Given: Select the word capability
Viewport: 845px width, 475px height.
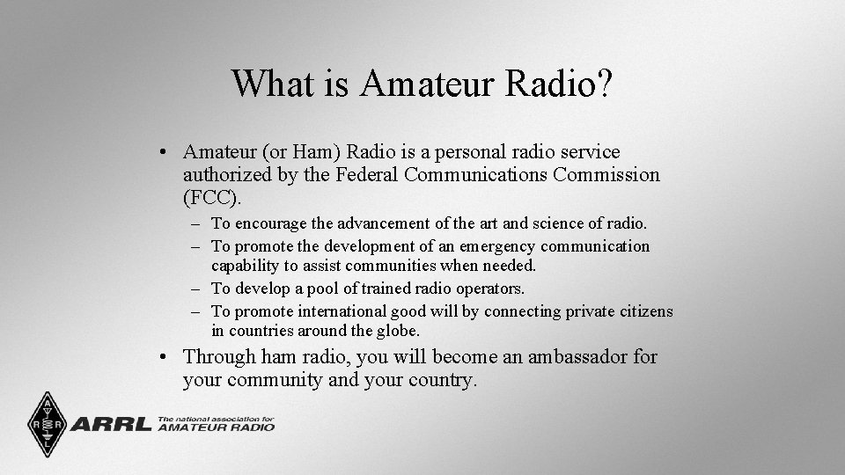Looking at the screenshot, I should point(246,266).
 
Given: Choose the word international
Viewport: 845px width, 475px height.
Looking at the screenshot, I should point(342,311).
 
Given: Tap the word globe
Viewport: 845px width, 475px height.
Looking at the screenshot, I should point(400,332).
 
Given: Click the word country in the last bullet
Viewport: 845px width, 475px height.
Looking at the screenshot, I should point(442,380).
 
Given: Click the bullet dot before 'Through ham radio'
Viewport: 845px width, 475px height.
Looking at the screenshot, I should point(165,358).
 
